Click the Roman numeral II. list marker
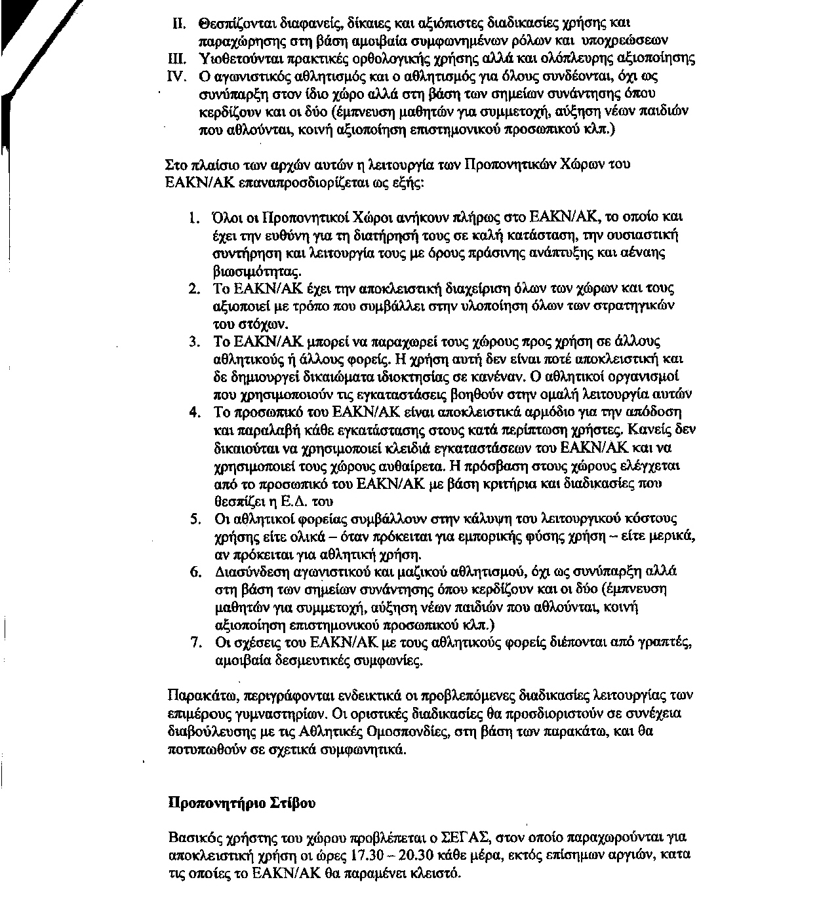(x=180, y=25)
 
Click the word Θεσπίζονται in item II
(x=233, y=25)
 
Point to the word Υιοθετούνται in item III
(x=236, y=58)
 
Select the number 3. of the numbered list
(x=193, y=342)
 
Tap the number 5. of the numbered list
(x=194, y=519)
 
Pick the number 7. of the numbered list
(x=194, y=642)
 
